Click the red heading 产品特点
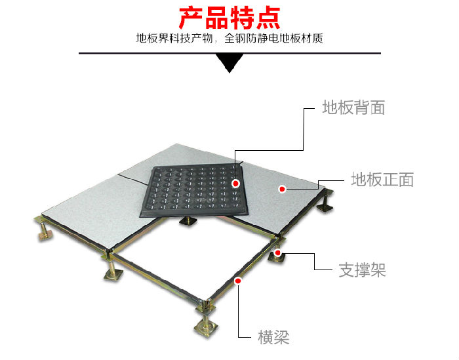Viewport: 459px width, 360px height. (229, 18)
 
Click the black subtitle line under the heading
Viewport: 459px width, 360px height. (229, 38)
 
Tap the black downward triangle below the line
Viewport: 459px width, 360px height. (229, 63)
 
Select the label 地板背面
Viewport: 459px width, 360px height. (353, 107)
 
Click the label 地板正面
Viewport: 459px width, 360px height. (382, 180)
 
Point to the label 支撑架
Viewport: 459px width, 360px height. (362, 270)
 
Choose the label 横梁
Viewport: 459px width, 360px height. (273, 337)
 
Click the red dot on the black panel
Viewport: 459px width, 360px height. (235, 184)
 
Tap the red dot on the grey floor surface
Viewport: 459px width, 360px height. (282, 189)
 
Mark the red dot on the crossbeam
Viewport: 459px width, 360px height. (238, 281)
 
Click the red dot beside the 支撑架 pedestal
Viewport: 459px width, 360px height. (277, 252)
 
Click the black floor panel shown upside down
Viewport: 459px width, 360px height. (194, 191)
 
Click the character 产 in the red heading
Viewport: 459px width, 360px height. (191, 18)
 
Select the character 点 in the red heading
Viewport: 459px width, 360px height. (268, 18)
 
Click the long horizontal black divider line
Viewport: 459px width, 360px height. (229, 53)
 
